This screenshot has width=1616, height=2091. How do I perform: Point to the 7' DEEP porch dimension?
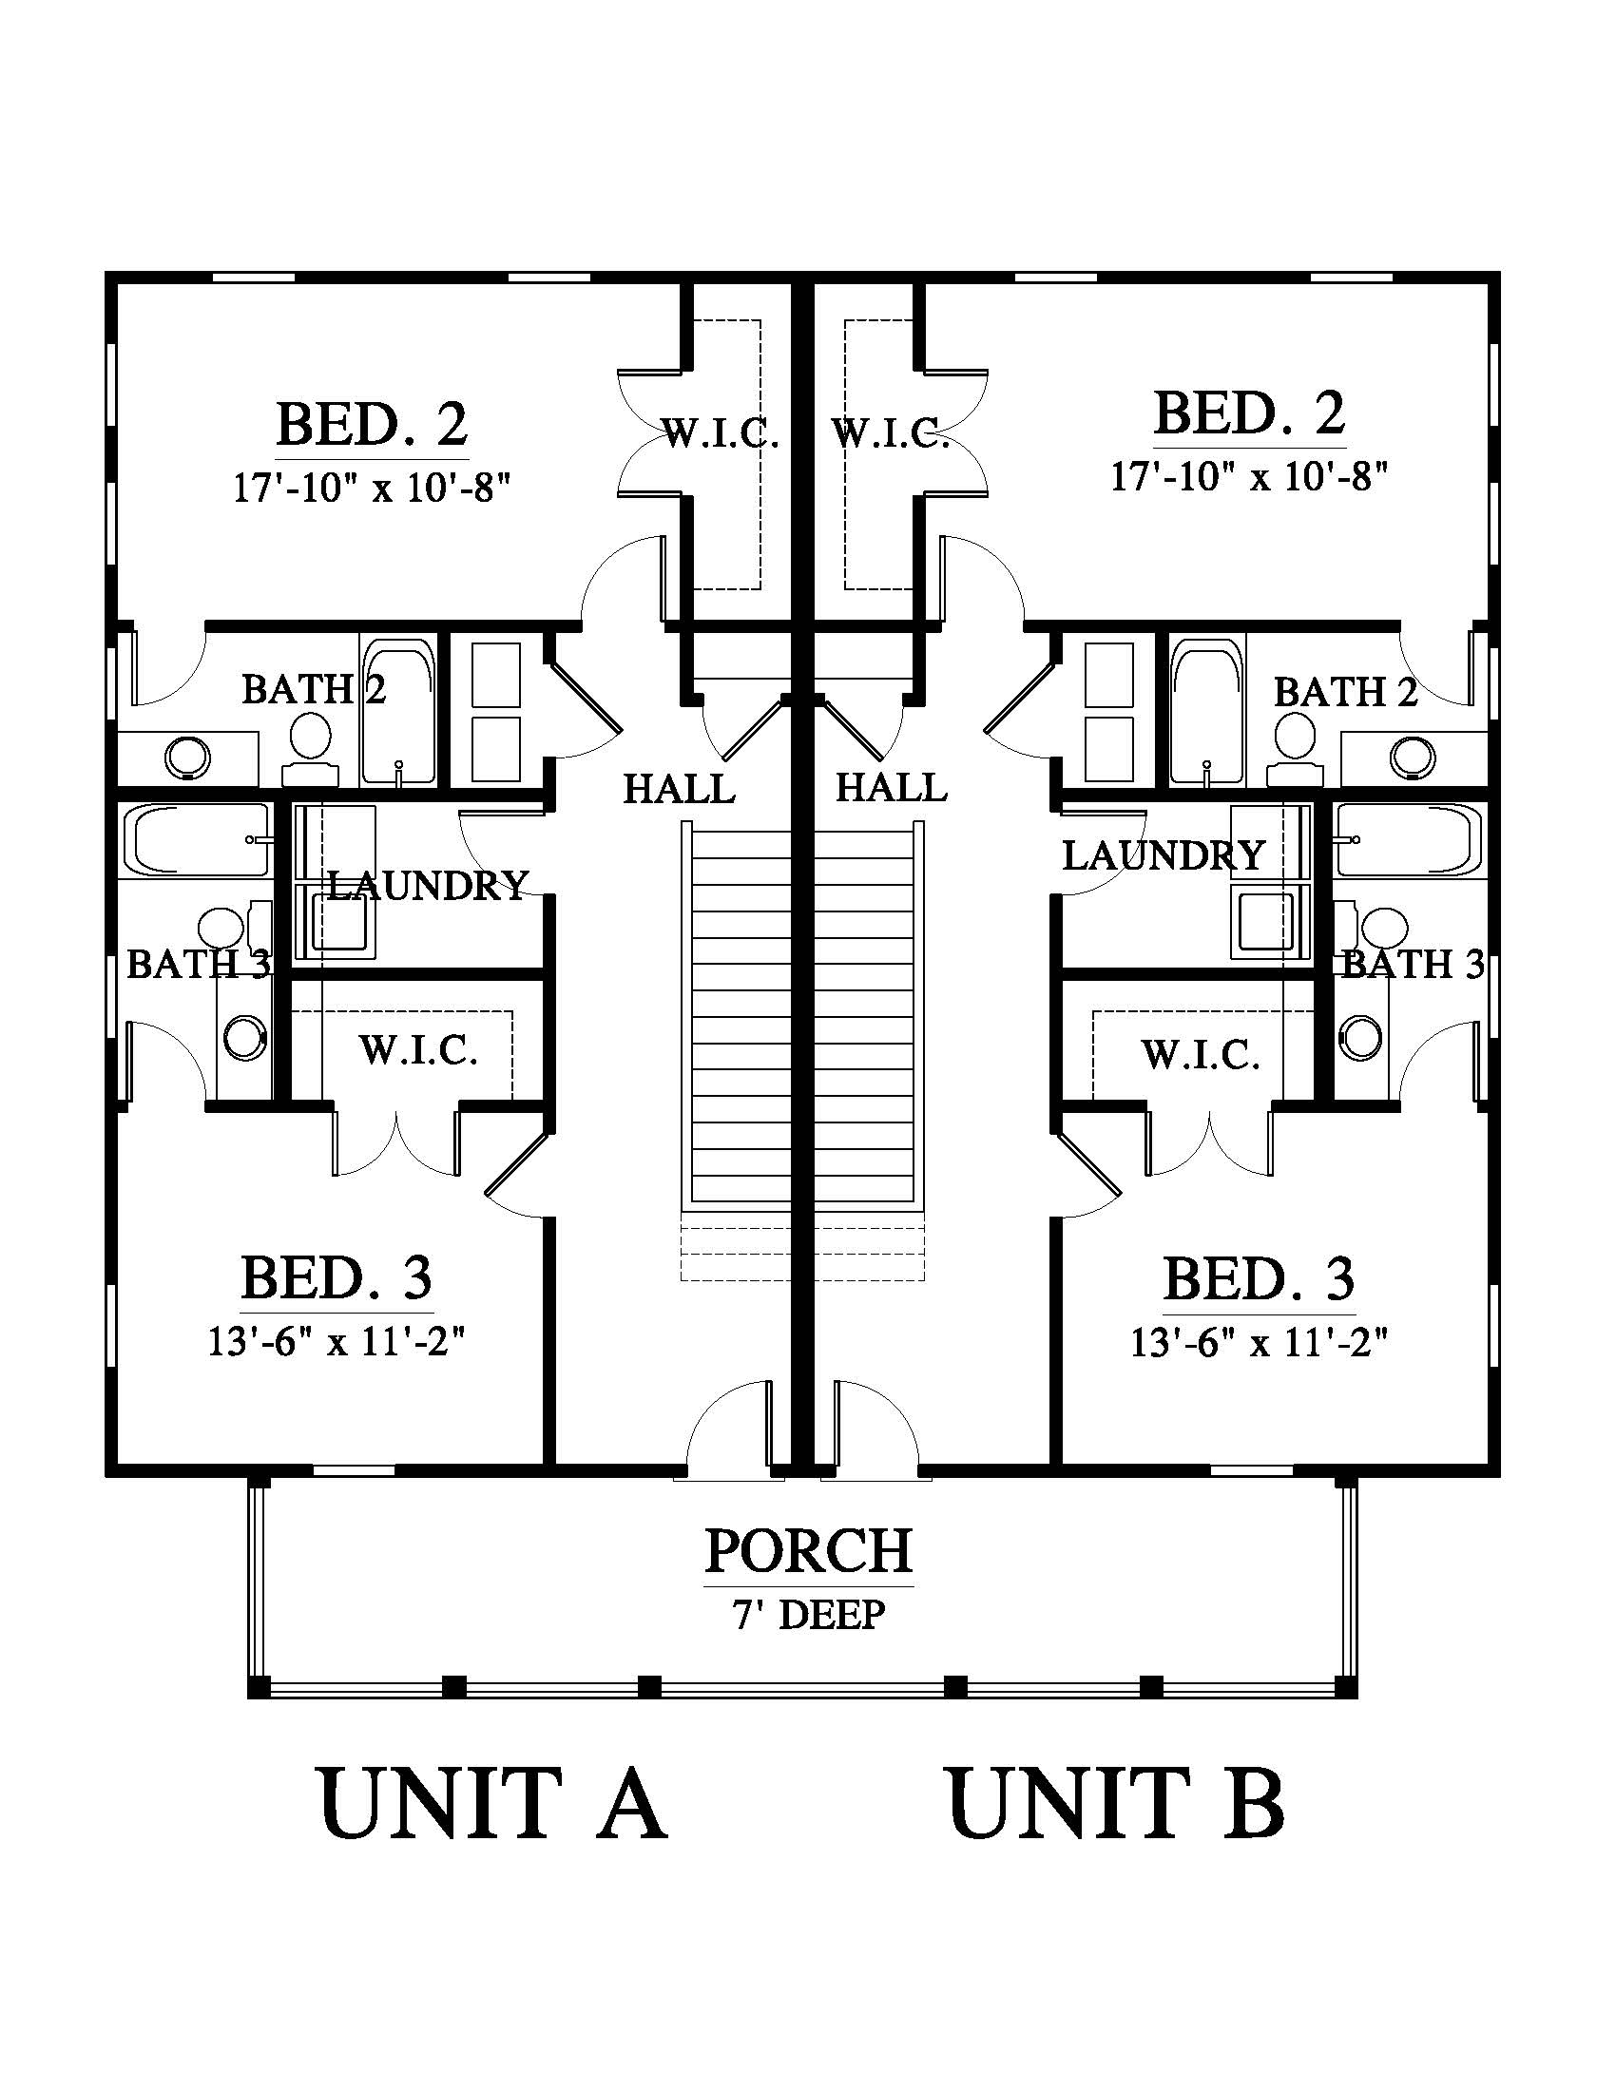click(x=809, y=1615)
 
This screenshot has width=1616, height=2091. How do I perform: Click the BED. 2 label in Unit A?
click(x=373, y=424)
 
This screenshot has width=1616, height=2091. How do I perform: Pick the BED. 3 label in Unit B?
click(x=1259, y=1278)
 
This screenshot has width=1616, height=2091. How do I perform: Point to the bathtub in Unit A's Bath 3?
click(x=201, y=839)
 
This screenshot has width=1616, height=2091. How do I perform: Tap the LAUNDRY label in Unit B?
click(x=1164, y=855)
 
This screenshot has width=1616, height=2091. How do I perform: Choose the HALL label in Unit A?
click(x=680, y=790)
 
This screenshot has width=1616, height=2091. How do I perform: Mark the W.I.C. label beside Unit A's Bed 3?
click(x=419, y=1051)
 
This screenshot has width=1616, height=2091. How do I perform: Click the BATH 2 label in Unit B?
click(x=1345, y=691)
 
